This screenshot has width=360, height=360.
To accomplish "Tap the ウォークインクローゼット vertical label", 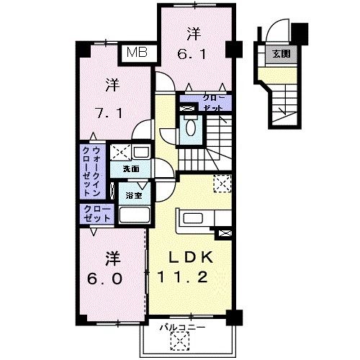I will pos(91,171).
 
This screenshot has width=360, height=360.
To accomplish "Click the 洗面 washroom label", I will pos(130,169).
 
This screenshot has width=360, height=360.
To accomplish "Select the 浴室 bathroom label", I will pos(133,196).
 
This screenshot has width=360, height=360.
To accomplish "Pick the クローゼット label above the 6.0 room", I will pos(96,214).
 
